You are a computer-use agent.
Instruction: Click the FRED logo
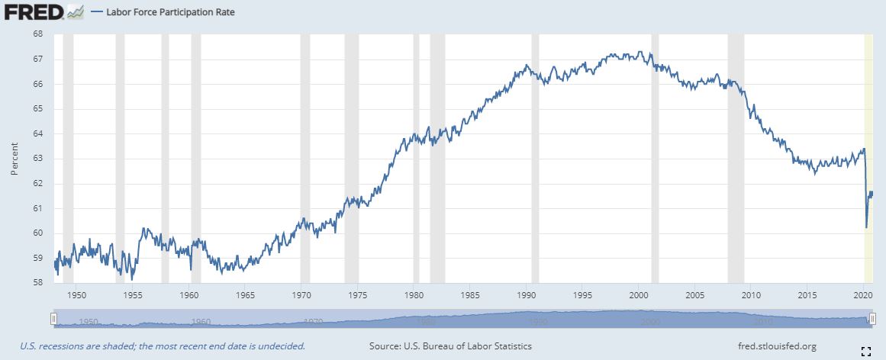[x=34, y=11]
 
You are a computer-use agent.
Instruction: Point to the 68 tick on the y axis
[x=37, y=34]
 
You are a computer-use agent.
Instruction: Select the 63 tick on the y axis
[x=37, y=159]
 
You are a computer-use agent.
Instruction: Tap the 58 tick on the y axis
[x=37, y=283]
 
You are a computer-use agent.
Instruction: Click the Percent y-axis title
[x=14, y=159]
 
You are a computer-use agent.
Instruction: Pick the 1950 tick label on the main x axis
[x=76, y=294]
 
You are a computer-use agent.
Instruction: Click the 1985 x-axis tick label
[x=470, y=294]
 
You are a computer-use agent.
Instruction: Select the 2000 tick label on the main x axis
[x=639, y=294]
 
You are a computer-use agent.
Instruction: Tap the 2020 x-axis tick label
[x=864, y=294]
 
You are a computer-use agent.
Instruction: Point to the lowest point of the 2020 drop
[x=866, y=227]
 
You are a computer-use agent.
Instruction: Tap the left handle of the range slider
[x=53, y=319]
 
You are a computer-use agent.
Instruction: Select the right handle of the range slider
[x=871, y=319]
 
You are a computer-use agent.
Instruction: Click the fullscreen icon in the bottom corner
[x=865, y=351]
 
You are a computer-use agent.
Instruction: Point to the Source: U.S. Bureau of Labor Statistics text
[x=450, y=346]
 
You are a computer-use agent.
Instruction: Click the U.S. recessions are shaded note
[x=157, y=346]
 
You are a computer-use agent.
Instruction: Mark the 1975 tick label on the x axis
[x=358, y=294]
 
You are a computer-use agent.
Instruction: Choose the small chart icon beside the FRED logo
[x=75, y=11]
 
